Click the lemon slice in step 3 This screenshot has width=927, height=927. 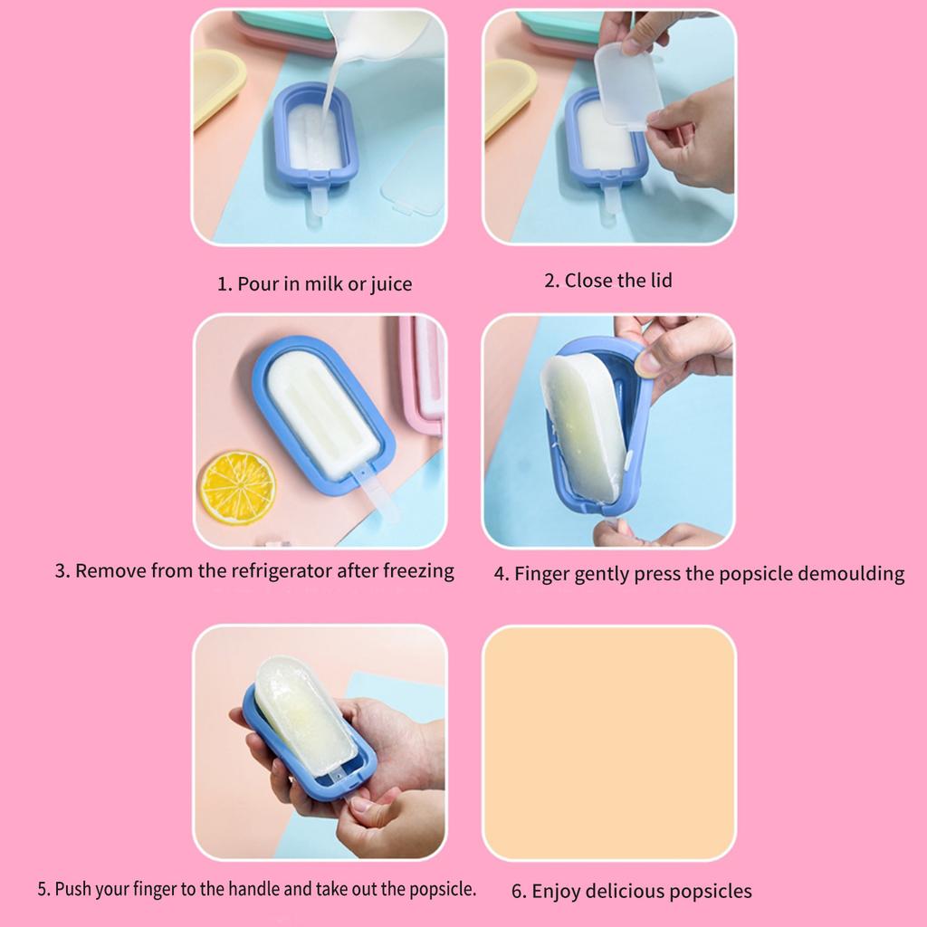click(x=237, y=487)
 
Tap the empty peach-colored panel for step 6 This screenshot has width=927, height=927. click(x=608, y=742)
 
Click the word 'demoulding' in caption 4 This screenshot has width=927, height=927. click(x=855, y=573)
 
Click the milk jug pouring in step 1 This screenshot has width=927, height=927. click(x=385, y=36)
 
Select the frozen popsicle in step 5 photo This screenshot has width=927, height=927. click(x=303, y=712)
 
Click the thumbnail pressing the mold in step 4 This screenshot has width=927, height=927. click(x=647, y=363)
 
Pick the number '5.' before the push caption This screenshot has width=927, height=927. click(x=43, y=888)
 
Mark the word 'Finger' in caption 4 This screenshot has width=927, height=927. click(x=541, y=574)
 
